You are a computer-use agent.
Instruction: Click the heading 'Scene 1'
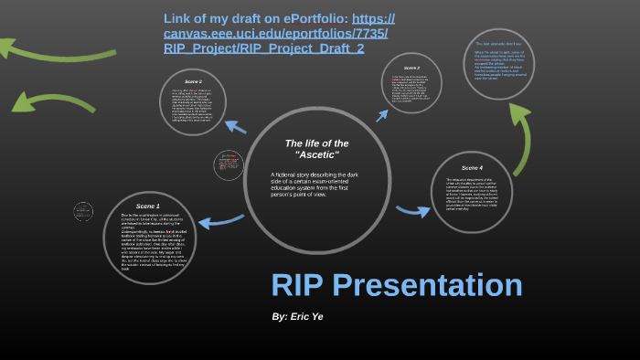click(147, 206)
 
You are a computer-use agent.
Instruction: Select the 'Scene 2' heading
click(193, 81)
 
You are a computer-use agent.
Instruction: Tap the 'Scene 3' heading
click(412, 68)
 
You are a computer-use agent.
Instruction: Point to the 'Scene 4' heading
click(472, 167)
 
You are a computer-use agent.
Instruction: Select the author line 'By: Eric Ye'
click(297, 316)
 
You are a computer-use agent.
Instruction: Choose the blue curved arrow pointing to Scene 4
click(412, 212)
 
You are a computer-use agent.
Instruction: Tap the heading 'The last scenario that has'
click(498, 43)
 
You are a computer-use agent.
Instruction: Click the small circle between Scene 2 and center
click(229, 165)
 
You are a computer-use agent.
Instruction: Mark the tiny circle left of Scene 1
click(83, 211)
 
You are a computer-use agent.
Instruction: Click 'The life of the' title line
click(316, 143)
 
